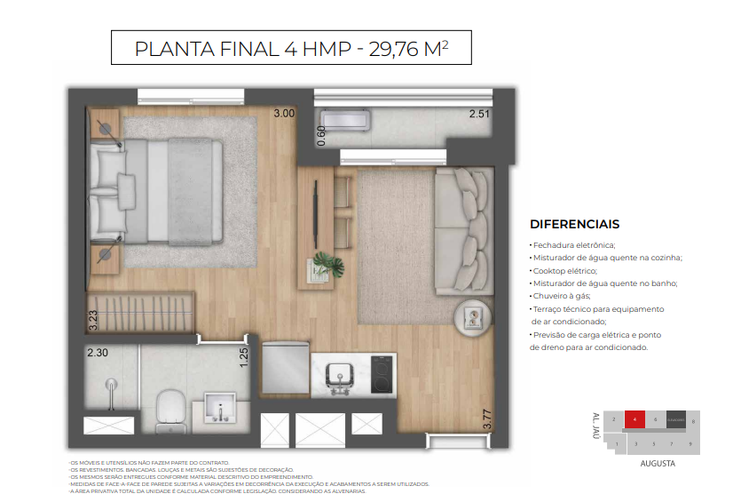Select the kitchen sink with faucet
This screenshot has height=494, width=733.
(339, 376)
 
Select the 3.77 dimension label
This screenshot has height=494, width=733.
(486, 419)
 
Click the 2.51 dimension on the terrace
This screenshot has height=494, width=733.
(479, 115)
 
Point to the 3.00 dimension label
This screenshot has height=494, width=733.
(283, 114)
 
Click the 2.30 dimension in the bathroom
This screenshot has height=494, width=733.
(98, 352)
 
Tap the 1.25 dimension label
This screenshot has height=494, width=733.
(243, 357)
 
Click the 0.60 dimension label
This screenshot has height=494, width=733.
(321, 135)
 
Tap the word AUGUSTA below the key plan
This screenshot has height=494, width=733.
(658, 464)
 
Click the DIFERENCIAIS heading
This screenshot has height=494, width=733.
(574, 225)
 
